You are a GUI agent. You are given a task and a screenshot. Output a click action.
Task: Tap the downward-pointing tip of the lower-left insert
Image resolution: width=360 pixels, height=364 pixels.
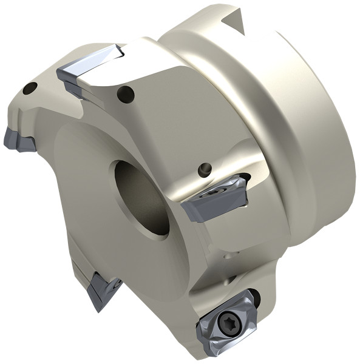pos(95,309)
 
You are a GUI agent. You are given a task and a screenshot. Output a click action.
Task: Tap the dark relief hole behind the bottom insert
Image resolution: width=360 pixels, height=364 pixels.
pos(255,297)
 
